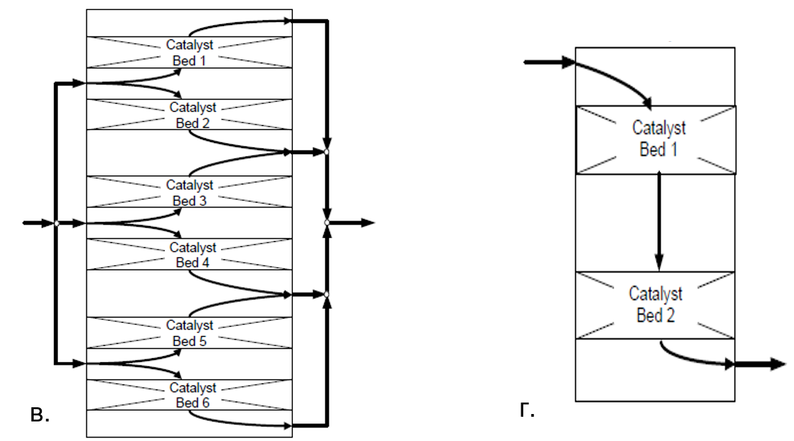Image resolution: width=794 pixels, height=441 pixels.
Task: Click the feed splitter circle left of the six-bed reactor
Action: (57, 223)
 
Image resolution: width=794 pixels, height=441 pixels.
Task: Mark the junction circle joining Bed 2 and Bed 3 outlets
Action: (327, 153)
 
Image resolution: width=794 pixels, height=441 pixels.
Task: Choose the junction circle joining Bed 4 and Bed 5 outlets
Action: (327, 295)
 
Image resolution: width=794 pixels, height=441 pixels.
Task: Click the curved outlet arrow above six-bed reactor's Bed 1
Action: (236, 23)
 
